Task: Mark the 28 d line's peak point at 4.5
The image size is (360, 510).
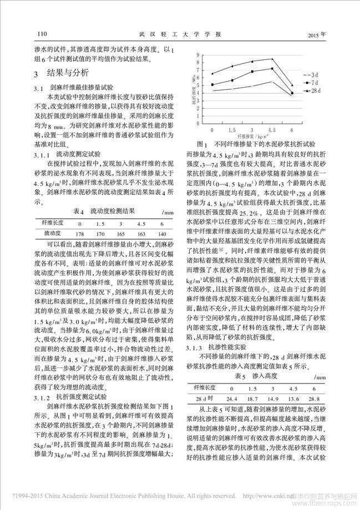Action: (x=272, y=59)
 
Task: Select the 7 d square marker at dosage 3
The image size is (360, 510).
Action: (x=252, y=72)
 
